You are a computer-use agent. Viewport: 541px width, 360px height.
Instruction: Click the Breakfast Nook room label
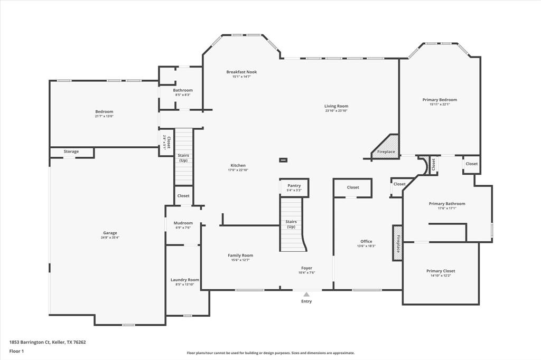[x=241, y=72]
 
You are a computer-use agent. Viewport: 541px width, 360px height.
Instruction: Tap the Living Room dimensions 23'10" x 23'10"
[x=336, y=111]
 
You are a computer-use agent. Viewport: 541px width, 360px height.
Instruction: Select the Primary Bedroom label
[x=440, y=99]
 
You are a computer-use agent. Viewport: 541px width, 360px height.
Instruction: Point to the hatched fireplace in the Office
[x=397, y=243]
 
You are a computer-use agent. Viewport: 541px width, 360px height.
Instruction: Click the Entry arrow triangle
[x=306, y=295]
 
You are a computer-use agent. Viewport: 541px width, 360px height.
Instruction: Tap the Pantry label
[x=294, y=186]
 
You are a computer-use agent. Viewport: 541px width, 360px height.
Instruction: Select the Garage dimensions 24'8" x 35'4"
[x=110, y=238]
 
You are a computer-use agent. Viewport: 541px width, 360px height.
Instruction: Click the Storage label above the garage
[x=71, y=151]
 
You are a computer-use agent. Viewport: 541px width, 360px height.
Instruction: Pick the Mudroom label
[x=183, y=223]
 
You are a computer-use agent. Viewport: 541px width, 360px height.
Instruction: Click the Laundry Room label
[x=185, y=280]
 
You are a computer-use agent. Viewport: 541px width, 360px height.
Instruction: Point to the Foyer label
[x=306, y=268]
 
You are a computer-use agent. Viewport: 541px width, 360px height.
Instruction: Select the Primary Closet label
[x=441, y=271]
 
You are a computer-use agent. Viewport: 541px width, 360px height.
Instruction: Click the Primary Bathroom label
[x=447, y=203]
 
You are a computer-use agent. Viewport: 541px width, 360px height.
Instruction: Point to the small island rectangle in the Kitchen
[x=284, y=160]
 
